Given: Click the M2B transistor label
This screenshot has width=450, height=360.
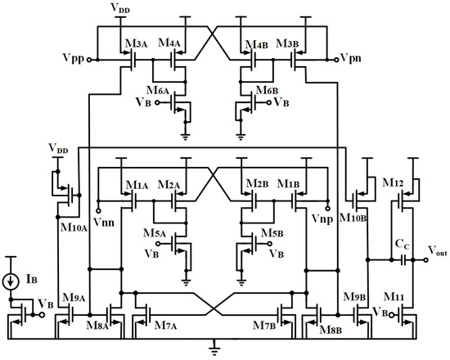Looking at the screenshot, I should click(254, 185).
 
